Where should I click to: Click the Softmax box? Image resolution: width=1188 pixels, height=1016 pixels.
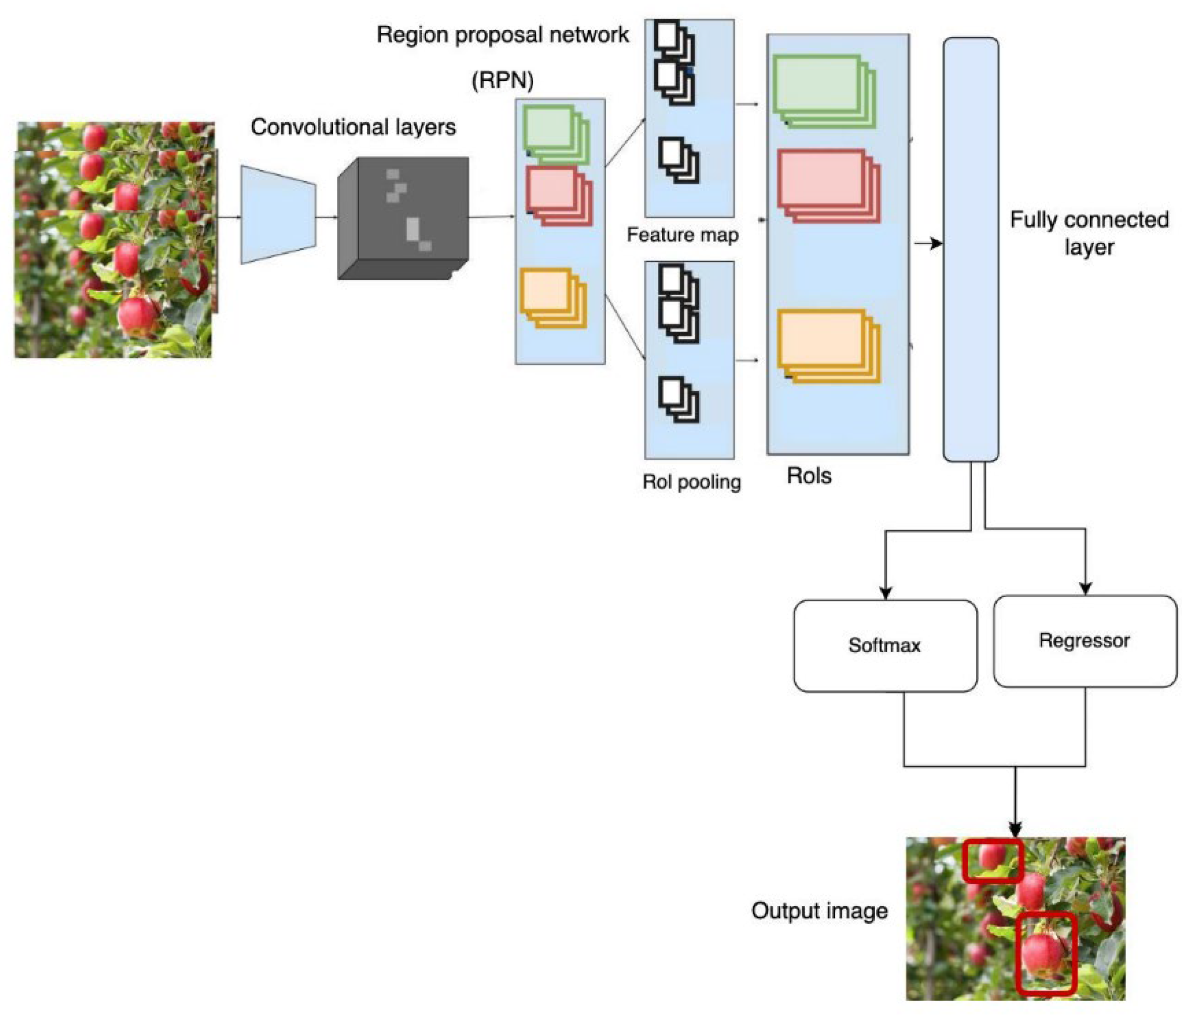885,646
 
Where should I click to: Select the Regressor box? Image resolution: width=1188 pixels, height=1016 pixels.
1084,641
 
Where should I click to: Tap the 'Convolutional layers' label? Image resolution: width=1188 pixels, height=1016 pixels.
353,127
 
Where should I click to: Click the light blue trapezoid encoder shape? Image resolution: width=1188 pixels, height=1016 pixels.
277,215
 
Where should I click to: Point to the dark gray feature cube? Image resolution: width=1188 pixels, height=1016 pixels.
403,218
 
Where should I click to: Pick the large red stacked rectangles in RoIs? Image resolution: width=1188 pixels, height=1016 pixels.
828,186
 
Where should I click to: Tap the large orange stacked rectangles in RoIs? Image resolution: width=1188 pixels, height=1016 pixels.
828,346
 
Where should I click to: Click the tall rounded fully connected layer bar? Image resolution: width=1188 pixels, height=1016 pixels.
971,249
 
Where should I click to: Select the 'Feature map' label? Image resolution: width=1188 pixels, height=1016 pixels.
683,235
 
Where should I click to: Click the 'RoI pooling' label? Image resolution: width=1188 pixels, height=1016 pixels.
692,482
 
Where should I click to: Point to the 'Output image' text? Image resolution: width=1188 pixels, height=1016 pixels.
819,911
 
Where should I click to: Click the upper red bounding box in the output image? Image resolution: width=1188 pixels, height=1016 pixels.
992,861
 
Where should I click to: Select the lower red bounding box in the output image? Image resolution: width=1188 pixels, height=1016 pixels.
1046,953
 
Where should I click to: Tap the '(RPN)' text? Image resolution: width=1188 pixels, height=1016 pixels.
502,80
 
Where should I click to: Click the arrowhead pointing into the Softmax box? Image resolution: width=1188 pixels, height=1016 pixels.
885,592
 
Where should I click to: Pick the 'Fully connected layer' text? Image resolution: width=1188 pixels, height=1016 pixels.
1089,233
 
